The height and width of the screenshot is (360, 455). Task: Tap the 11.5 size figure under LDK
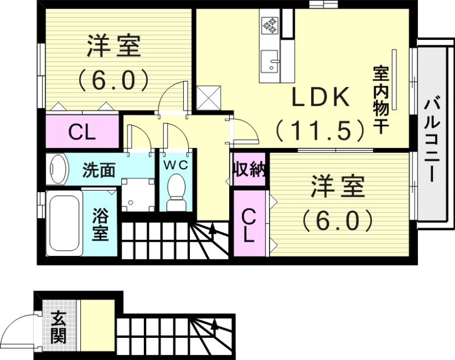click(320, 131)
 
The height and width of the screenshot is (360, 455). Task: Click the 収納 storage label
click(249, 169)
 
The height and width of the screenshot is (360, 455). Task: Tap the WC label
click(176, 165)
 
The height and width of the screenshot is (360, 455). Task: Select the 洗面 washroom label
click(100, 169)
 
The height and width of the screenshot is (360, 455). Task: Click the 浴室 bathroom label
click(101, 225)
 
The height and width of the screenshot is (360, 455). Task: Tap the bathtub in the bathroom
click(64, 224)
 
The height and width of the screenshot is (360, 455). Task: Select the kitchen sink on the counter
click(269, 59)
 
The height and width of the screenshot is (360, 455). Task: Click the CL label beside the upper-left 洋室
click(82, 133)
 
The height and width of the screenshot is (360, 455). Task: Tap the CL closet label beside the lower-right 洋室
click(248, 226)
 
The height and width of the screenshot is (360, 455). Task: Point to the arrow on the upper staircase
click(212, 230)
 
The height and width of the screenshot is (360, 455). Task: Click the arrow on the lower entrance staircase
click(215, 326)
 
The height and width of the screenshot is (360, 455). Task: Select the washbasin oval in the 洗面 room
click(56, 169)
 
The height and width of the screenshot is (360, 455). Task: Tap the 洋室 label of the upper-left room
click(114, 47)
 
